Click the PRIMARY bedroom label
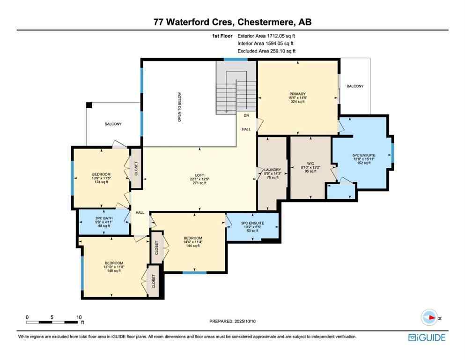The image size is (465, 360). click(297, 94)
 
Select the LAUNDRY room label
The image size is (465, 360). click(272, 170)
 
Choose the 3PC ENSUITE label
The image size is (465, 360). click(252, 223)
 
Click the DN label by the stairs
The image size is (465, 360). click(246, 115)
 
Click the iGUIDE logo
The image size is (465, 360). click(426, 337)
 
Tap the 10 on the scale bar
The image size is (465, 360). click(79, 317)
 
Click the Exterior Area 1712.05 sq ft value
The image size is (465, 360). click(266, 35)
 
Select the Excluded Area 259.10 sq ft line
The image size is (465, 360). click(266, 51)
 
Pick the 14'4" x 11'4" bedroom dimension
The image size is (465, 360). click(192, 241)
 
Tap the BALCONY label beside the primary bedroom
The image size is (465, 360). click(354, 86)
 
